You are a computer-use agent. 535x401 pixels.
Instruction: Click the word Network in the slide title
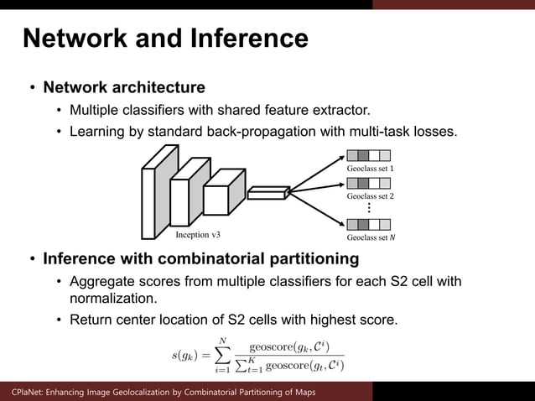click(x=72, y=39)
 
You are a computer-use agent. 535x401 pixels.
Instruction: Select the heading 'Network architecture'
click(x=124, y=87)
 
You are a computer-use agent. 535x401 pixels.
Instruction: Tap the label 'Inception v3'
click(x=198, y=235)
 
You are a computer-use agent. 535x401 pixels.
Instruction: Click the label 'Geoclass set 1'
click(x=370, y=169)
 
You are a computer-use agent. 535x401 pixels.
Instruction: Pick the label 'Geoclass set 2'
click(x=370, y=196)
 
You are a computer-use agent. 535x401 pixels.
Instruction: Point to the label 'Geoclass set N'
click(x=370, y=237)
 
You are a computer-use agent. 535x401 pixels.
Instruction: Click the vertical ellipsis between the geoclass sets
click(x=369, y=208)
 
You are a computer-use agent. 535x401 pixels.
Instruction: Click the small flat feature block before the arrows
click(x=267, y=193)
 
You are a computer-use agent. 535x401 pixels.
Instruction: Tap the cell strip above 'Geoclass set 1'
click(x=368, y=155)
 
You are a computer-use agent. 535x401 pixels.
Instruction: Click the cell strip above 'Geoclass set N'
click(x=368, y=224)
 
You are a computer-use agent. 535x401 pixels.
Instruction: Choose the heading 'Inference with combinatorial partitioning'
click(x=201, y=258)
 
